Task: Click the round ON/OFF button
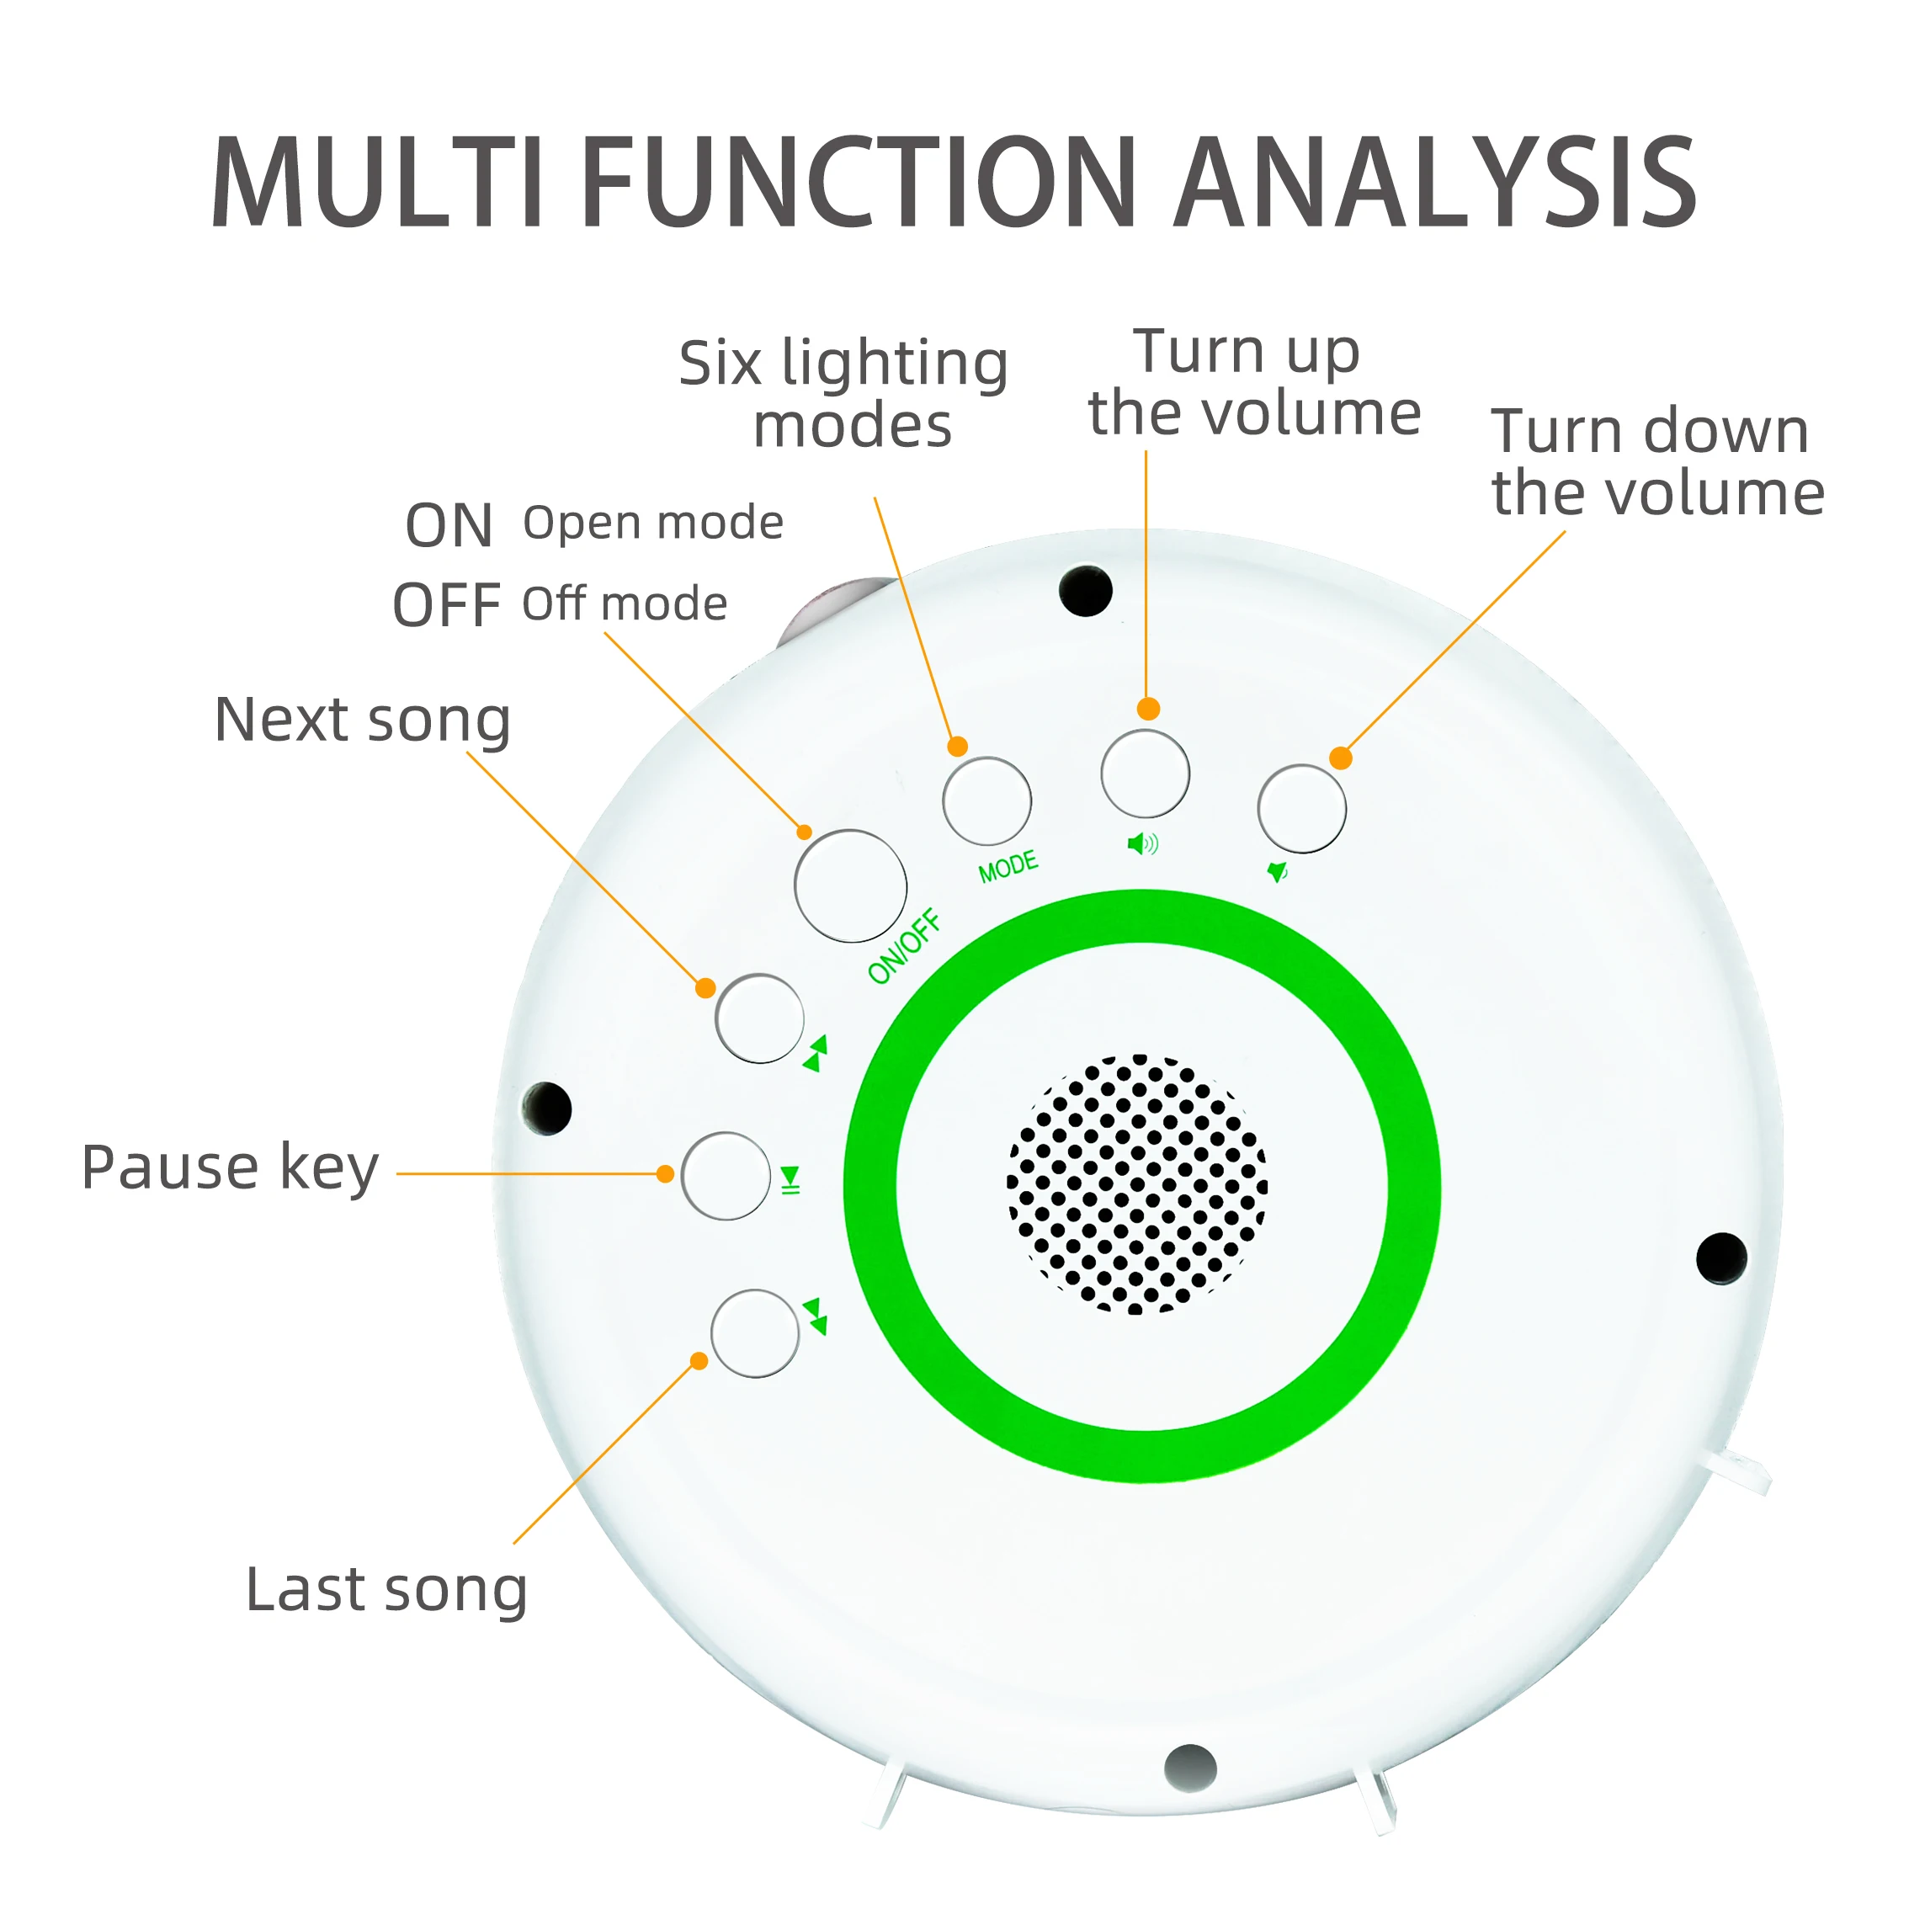pyautogui.click(x=850, y=885)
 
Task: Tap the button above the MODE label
pyautogui.click(x=986, y=800)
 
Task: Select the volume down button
pyautogui.click(x=1301, y=808)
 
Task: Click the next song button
pyautogui.click(x=759, y=1018)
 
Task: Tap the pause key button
pyautogui.click(x=726, y=1175)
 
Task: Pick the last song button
pyautogui.click(x=755, y=1333)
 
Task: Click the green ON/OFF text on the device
pyautogui.click(x=903, y=948)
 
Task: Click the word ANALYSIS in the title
pyautogui.click(x=1438, y=183)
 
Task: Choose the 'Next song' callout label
pyautogui.click(x=363, y=720)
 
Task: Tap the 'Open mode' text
pyautogui.click(x=653, y=522)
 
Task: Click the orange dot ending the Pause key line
pyautogui.click(x=665, y=1174)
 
